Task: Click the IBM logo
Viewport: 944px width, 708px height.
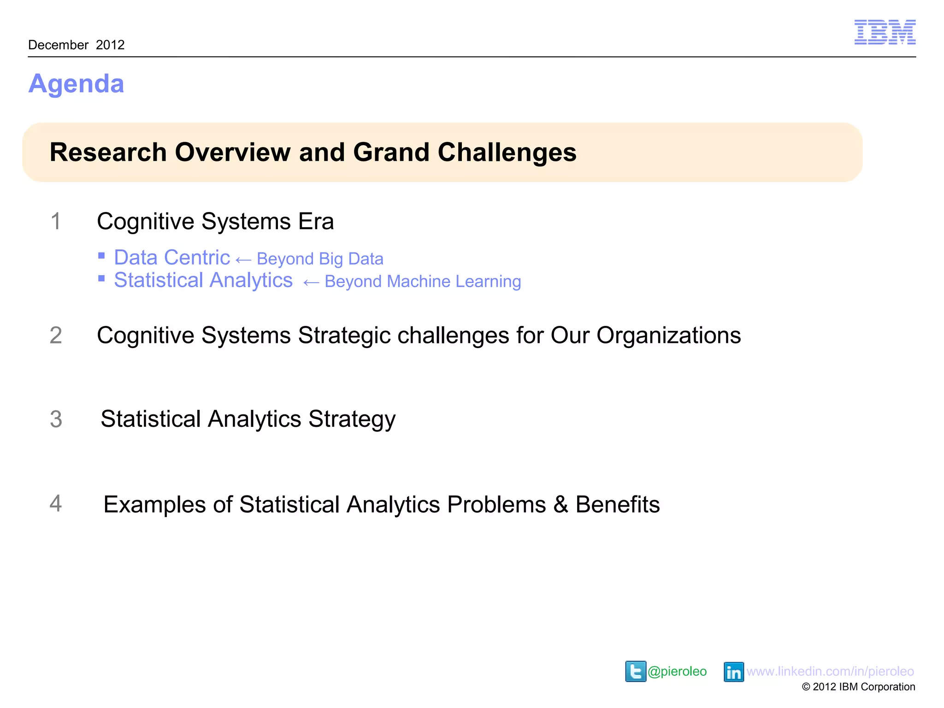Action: point(885,32)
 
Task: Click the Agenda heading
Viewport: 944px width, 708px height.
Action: point(76,84)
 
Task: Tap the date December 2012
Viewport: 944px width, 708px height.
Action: point(77,45)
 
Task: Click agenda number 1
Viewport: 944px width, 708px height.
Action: point(55,221)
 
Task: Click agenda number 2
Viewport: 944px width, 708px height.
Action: point(56,335)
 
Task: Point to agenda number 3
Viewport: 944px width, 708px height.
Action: point(56,419)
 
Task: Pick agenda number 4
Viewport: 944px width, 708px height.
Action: point(55,503)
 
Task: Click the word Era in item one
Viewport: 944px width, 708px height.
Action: point(316,221)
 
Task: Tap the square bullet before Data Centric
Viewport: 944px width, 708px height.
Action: point(101,256)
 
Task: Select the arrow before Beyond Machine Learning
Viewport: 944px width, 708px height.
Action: point(311,283)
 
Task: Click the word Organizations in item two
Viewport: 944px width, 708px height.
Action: point(668,335)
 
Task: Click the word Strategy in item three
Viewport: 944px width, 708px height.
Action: point(352,419)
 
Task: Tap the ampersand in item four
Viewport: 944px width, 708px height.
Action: point(560,504)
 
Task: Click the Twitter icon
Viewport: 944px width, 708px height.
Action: point(635,671)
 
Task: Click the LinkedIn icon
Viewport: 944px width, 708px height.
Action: point(733,672)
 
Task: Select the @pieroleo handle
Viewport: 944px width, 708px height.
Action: point(677,672)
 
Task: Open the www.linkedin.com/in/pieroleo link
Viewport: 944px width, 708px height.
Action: point(830,672)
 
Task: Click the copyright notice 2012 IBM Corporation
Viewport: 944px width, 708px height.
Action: point(858,687)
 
